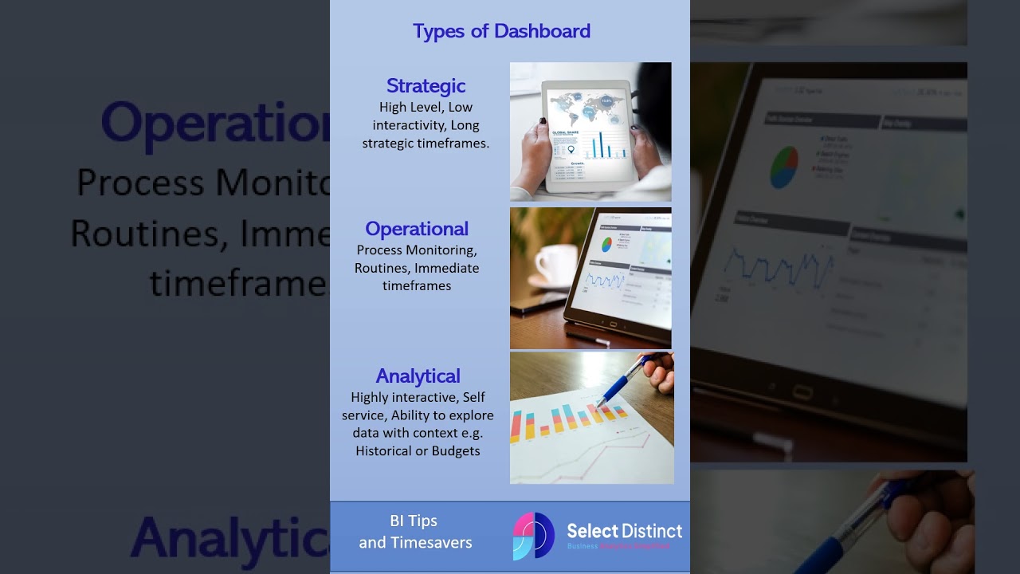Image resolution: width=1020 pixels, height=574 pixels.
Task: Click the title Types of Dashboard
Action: click(x=501, y=31)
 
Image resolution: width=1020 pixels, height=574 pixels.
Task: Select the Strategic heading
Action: click(x=426, y=85)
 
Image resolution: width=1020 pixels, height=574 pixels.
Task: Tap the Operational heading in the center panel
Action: click(x=417, y=229)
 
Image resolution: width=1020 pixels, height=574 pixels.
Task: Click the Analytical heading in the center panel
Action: click(x=418, y=375)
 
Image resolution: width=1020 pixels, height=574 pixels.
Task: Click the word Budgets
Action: click(x=456, y=451)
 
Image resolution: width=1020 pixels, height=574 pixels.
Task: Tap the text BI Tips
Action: click(x=414, y=521)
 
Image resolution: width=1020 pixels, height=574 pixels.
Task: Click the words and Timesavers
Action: click(x=415, y=543)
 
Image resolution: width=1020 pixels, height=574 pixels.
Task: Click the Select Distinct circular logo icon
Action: click(x=533, y=535)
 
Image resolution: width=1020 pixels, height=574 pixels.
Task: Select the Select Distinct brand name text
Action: click(x=624, y=530)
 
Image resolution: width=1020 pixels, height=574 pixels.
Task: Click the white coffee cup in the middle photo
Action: click(x=555, y=264)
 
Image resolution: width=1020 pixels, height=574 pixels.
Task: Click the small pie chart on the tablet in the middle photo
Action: click(x=606, y=244)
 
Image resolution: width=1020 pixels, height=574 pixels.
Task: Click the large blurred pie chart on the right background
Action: click(x=783, y=166)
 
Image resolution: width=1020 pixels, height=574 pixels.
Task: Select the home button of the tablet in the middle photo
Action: click(x=613, y=324)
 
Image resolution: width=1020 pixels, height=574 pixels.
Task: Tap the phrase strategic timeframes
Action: click(x=426, y=143)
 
